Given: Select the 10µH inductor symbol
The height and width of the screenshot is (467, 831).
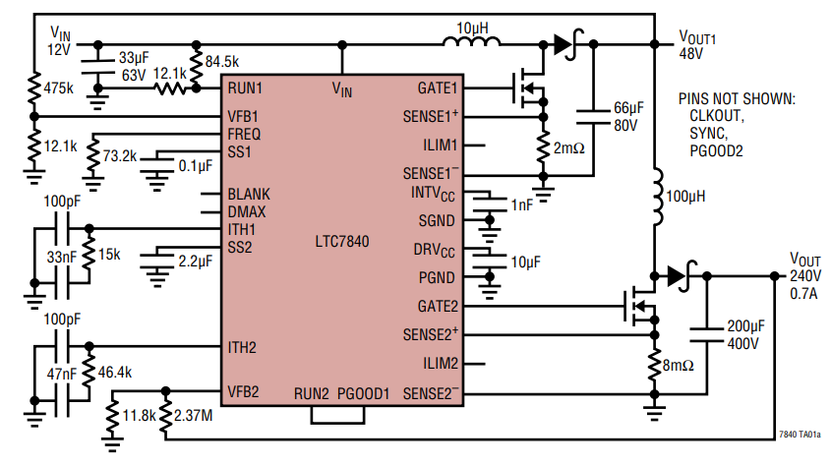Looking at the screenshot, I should pyautogui.click(x=471, y=42).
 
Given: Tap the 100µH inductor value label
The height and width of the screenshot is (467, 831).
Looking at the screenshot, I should pyautogui.click(x=686, y=197).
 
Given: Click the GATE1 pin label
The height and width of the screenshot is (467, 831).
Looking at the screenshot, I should pyautogui.click(x=438, y=88).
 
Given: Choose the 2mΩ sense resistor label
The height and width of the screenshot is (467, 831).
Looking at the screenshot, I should pyautogui.click(x=569, y=147).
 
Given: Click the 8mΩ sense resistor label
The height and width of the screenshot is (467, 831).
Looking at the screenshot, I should pyautogui.click(x=677, y=366).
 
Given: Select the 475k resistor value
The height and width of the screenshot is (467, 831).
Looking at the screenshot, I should pyautogui.click(x=59, y=88).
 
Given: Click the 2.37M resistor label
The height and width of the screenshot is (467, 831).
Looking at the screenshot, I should pyautogui.click(x=193, y=416).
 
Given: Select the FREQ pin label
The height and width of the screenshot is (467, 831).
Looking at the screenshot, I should pyautogui.click(x=244, y=133).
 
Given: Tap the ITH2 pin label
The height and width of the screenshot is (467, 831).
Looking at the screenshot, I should pyautogui.click(x=242, y=347).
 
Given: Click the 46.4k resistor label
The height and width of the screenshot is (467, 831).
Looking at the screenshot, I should pyautogui.click(x=117, y=374).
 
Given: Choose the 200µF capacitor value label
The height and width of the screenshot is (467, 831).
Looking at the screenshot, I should pyautogui.click(x=744, y=327).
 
